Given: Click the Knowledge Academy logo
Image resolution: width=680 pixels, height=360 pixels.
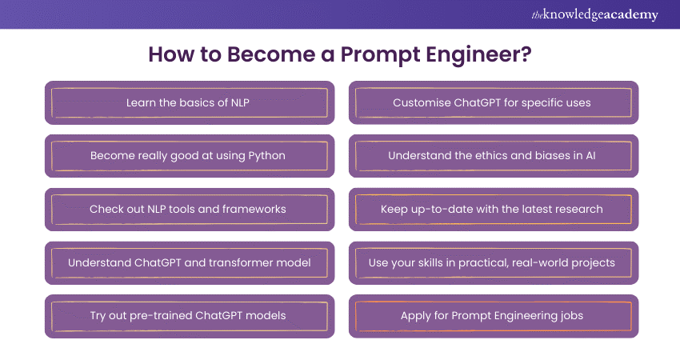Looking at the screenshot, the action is click(x=594, y=14).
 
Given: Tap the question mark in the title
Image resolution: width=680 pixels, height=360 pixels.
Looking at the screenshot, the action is click(x=526, y=54).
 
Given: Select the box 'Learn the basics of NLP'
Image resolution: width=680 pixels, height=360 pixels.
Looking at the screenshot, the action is click(x=190, y=102).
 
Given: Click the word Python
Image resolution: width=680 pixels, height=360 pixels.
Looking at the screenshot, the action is click(x=266, y=156).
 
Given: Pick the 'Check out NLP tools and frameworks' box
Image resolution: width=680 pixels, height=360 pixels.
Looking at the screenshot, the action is click(x=190, y=210).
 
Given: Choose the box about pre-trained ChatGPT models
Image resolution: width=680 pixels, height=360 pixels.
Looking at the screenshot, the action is click(x=190, y=316).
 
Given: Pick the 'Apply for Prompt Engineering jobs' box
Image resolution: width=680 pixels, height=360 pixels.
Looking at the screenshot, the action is click(x=494, y=316).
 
